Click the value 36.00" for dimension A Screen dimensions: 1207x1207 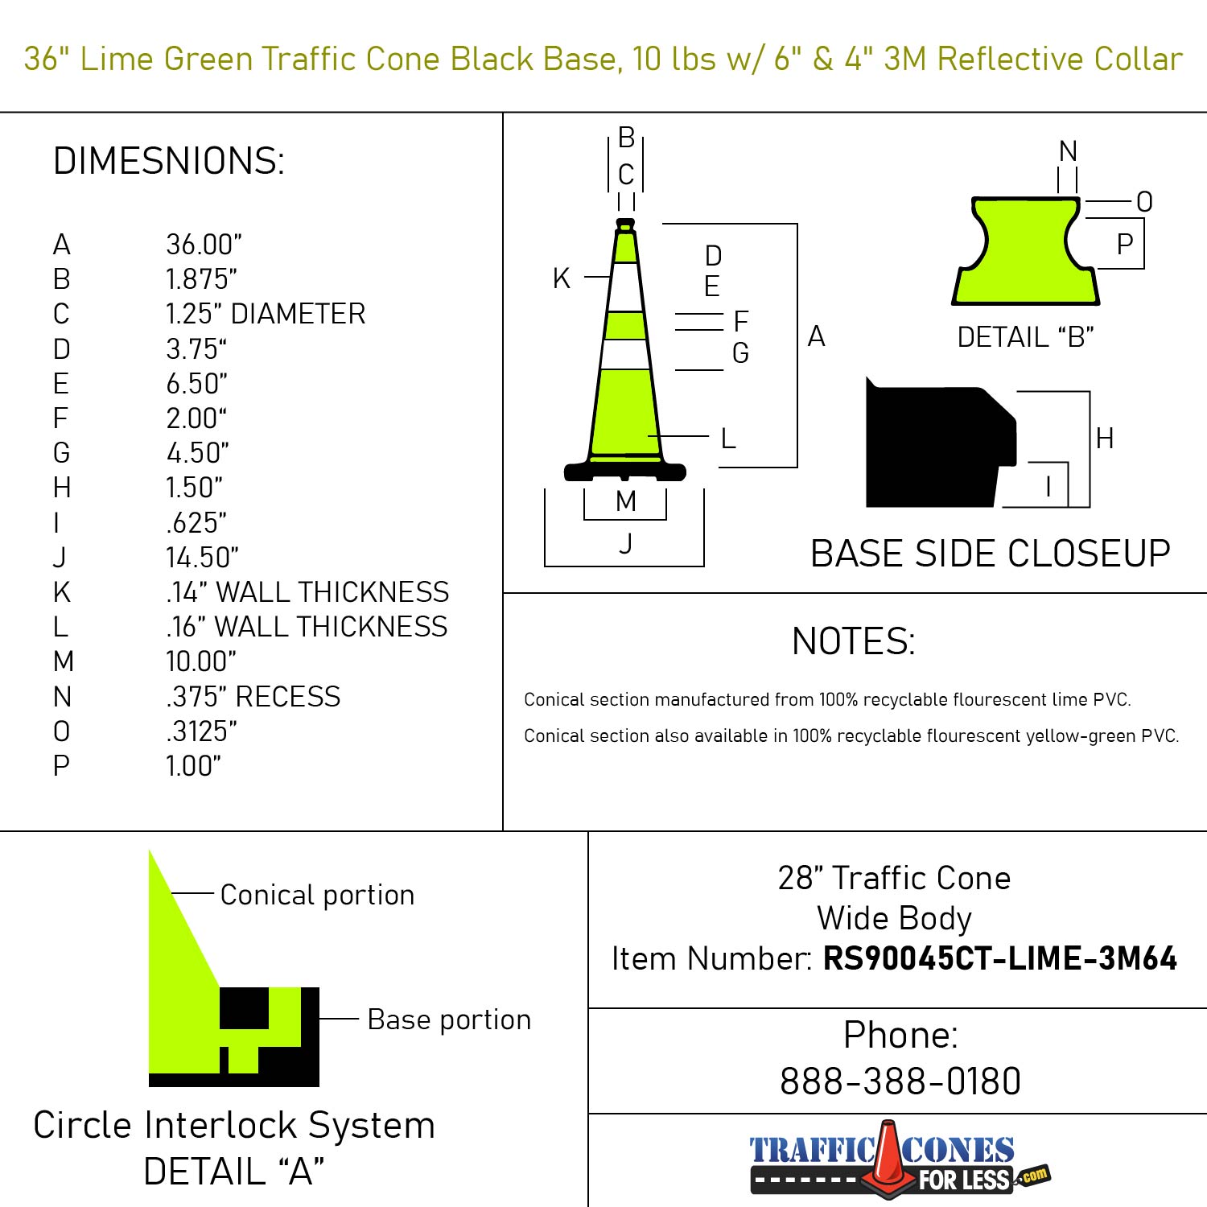[204, 245]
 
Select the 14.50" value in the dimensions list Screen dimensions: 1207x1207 [202, 558]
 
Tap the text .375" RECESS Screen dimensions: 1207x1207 [253, 697]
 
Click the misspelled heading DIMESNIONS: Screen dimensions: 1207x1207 [169, 161]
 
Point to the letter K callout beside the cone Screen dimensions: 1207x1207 [561, 278]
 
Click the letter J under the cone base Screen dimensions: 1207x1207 [625, 544]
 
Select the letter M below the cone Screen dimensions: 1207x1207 [625, 501]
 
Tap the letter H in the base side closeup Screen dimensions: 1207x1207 [1104, 439]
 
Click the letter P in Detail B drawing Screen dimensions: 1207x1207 [1124, 244]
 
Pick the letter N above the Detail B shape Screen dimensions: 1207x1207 [1068, 151]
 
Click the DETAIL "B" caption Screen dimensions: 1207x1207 [1025, 337]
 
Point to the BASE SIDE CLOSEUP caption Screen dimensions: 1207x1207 [990, 554]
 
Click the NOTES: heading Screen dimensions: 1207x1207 [853, 641]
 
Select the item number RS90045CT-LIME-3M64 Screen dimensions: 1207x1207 [999, 958]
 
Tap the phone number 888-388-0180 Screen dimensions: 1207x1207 [900, 1081]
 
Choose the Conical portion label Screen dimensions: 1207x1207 [317, 895]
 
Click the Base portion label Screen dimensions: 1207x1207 [449, 1020]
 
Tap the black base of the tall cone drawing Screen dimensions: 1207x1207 [625, 471]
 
